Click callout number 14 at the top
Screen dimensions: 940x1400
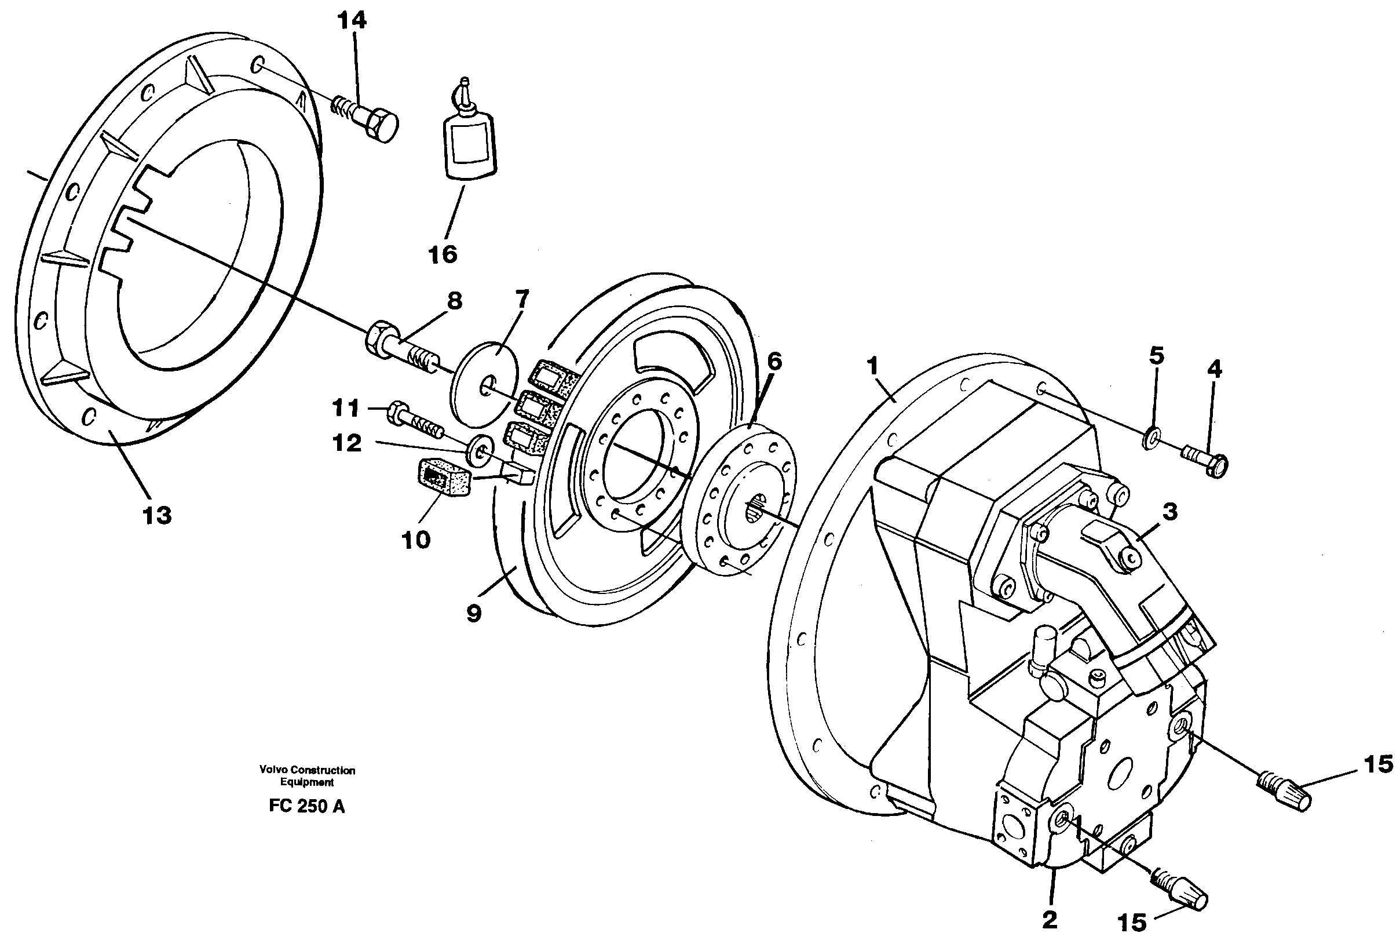(x=352, y=21)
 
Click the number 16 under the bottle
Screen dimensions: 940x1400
(x=443, y=255)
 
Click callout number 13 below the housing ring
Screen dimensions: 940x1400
(x=157, y=515)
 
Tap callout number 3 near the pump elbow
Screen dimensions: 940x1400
(x=1169, y=511)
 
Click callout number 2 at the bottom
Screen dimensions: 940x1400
(x=1050, y=920)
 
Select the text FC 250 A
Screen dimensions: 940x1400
(x=307, y=806)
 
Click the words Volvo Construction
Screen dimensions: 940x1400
(x=307, y=770)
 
